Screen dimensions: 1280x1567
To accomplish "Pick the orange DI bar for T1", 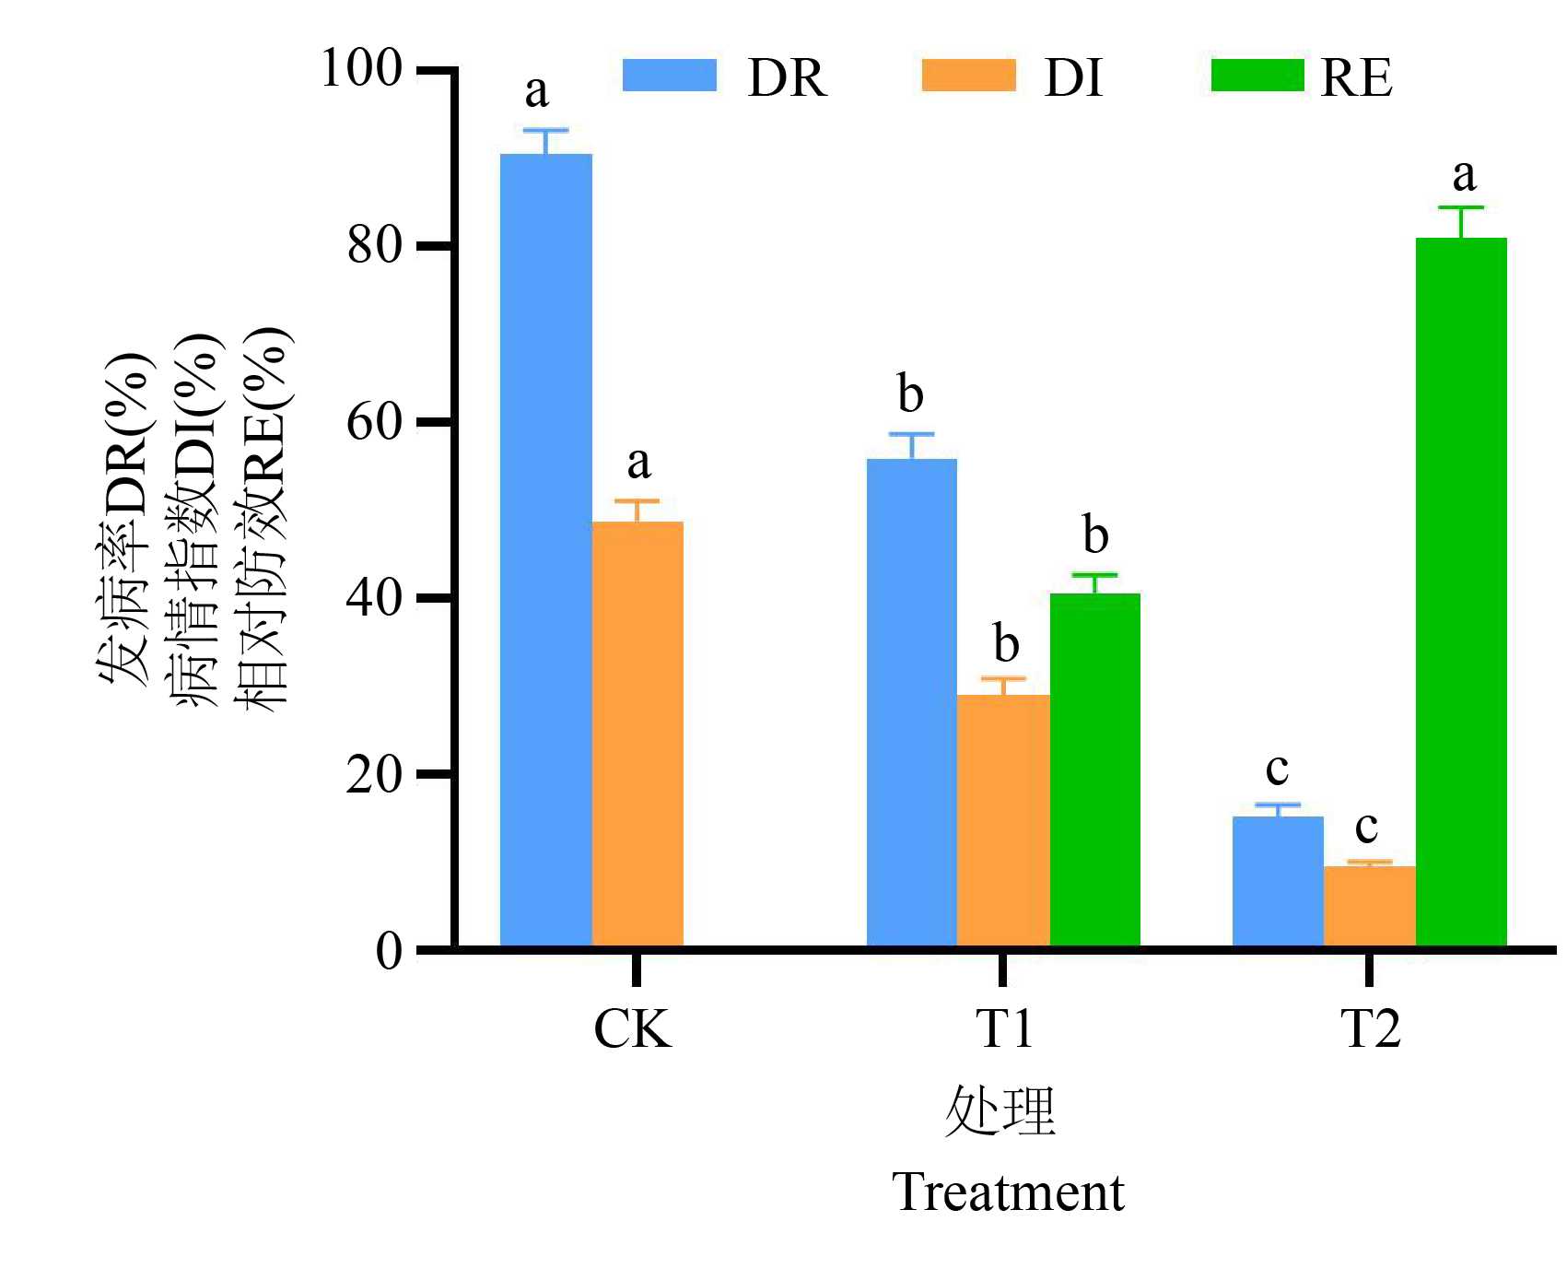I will coord(1003,820).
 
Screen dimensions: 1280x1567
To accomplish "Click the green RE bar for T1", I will coord(1094,769).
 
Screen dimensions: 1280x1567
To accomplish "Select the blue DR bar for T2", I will coord(1278,881).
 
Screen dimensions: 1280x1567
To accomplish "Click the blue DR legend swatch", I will coord(670,76).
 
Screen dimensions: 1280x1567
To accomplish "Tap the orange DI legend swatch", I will coord(968,76).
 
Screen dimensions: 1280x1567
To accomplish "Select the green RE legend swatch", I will coord(1257,76).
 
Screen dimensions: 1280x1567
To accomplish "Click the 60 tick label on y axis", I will coord(375,422).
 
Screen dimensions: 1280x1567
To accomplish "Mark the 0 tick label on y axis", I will coord(389,950).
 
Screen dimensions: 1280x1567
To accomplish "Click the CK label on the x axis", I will coord(632,1028).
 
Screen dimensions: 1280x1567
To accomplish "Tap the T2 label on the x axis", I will coord(1370,1028).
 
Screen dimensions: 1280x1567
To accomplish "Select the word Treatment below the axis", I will coord(1008,1192).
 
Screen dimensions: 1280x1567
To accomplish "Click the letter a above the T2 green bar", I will coord(1463,174).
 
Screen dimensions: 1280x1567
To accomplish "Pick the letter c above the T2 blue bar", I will coord(1277,768).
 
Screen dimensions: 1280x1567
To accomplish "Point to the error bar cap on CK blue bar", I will coord(545,130).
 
